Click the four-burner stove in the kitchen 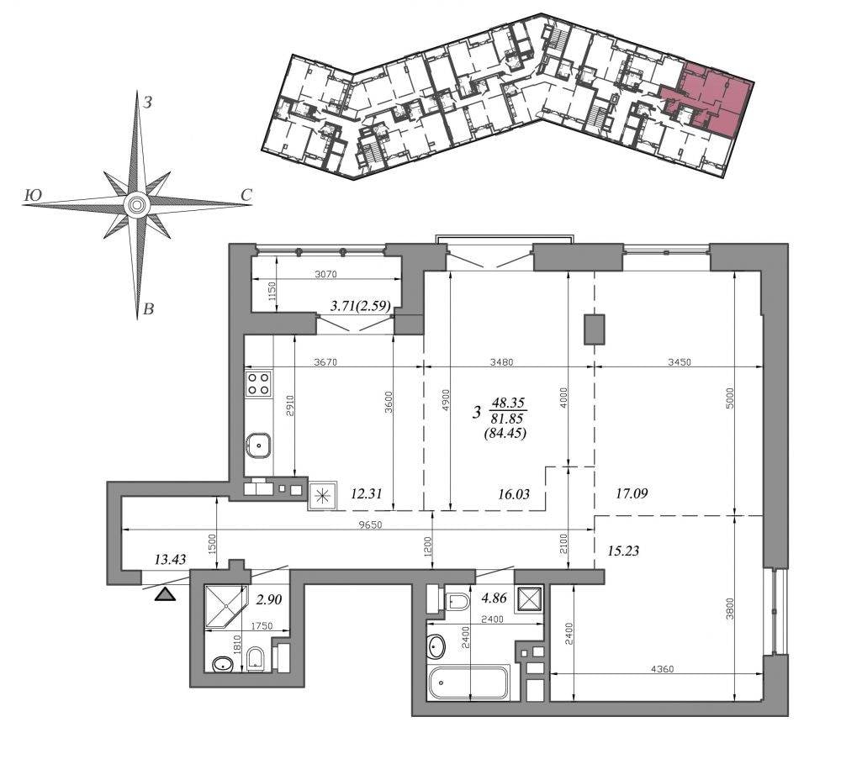258,383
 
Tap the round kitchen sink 258,445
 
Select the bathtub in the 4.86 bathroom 468,682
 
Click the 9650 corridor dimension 370,524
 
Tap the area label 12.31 367,493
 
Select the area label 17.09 632,493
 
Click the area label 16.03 513,493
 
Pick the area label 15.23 623,551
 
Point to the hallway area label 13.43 170,560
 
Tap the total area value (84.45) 505,433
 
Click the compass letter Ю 33,196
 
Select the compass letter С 246,196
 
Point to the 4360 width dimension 661,669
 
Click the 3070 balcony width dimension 325,274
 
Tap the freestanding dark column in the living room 595,329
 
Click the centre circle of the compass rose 136,205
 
